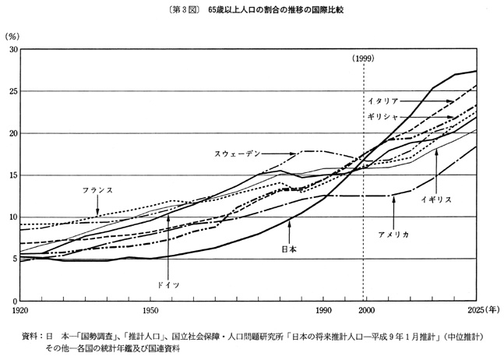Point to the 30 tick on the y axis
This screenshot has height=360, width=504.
point(12,50)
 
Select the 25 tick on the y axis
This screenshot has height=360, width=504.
point(12,92)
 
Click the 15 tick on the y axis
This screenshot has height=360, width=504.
point(12,175)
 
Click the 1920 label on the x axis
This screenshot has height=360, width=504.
point(21,311)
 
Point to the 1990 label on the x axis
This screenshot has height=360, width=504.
point(320,311)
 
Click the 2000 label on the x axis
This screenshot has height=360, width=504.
point(365,311)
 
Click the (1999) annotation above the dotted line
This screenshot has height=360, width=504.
point(364,58)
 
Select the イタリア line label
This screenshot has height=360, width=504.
point(383,101)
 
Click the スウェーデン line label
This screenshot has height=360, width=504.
point(239,153)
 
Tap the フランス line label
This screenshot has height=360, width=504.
point(97,190)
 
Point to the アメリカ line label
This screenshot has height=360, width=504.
point(393,234)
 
